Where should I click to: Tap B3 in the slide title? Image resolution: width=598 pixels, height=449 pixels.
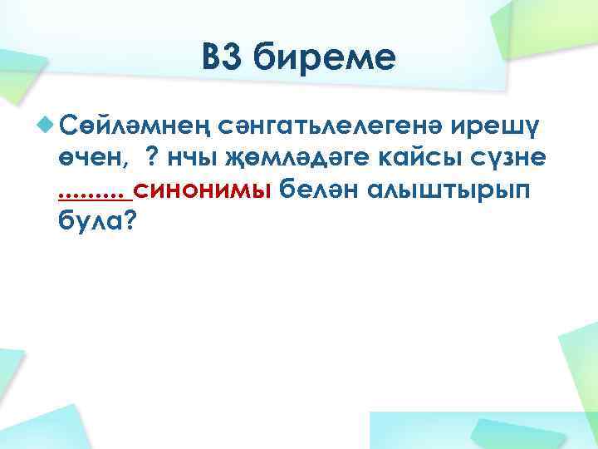pyautogui.click(x=223, y=60)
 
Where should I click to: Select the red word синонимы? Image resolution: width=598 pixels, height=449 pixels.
pyautogui.click(x=202, y=190)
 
